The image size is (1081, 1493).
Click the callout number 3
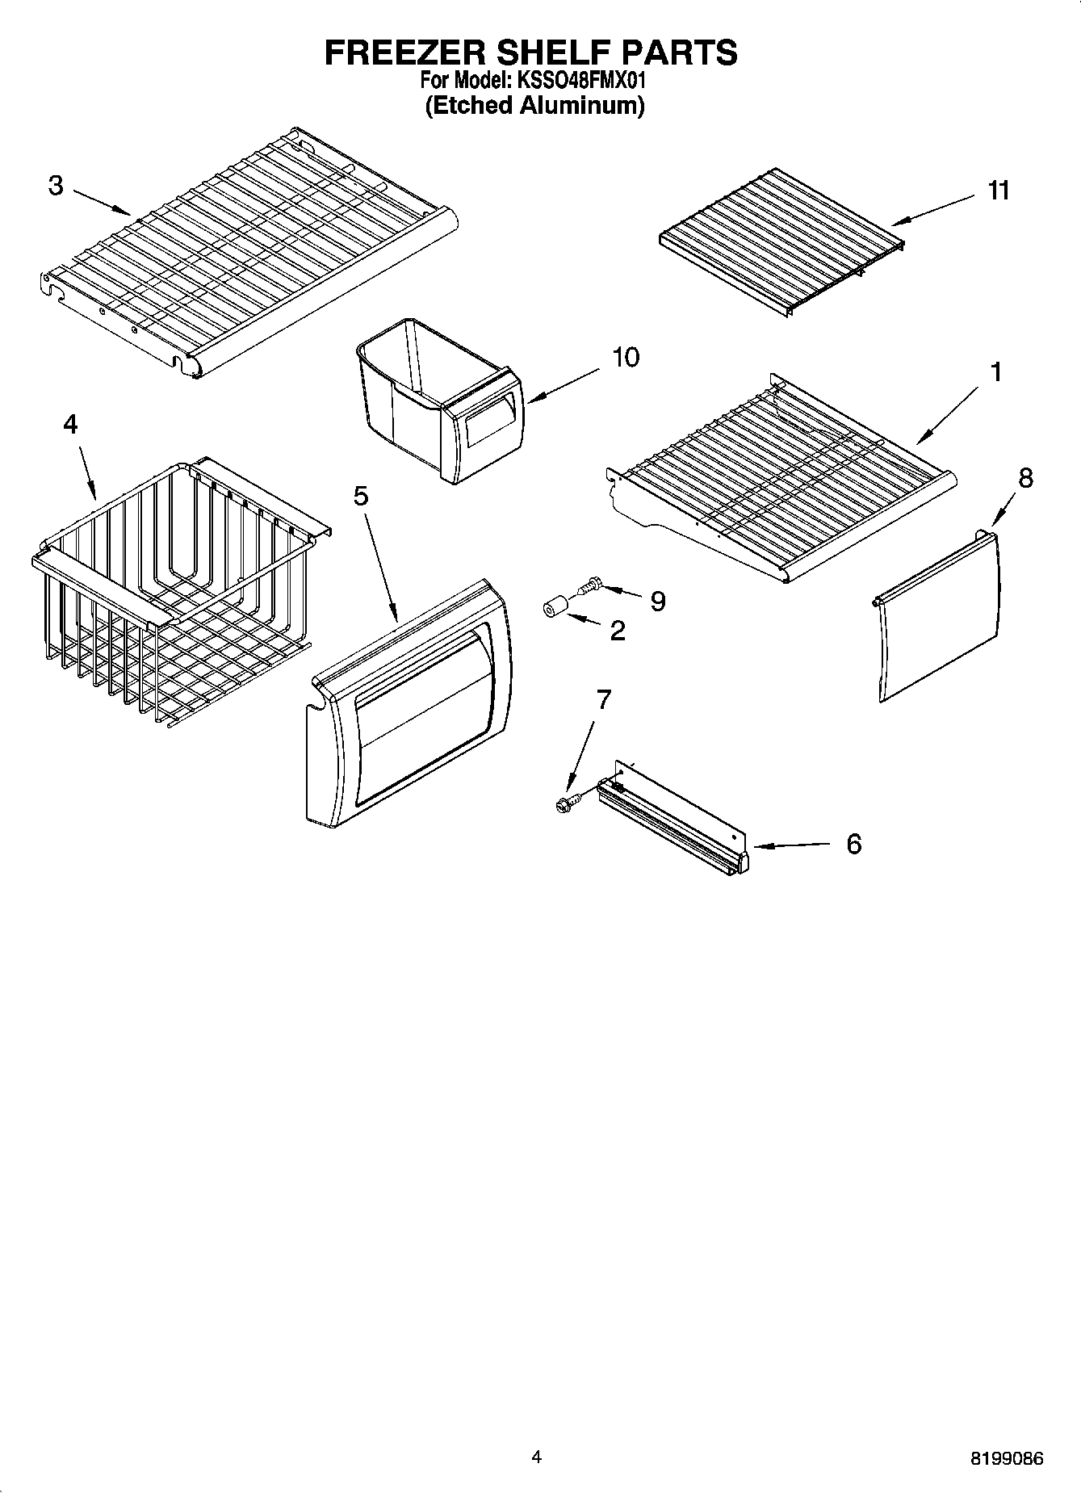tap(55, 186)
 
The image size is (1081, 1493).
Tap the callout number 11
tap(999, 191)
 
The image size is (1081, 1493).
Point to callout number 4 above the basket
tap(70, 424)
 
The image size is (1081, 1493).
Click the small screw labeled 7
tap(565, 804)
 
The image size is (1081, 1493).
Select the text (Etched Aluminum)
tap(534, 106)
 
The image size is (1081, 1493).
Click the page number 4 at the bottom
tap(536, 1457)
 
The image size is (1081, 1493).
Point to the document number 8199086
tap(1006, 1458)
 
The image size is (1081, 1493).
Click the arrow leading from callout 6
tap(791, 845)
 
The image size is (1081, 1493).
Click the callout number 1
tap(995, 372)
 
